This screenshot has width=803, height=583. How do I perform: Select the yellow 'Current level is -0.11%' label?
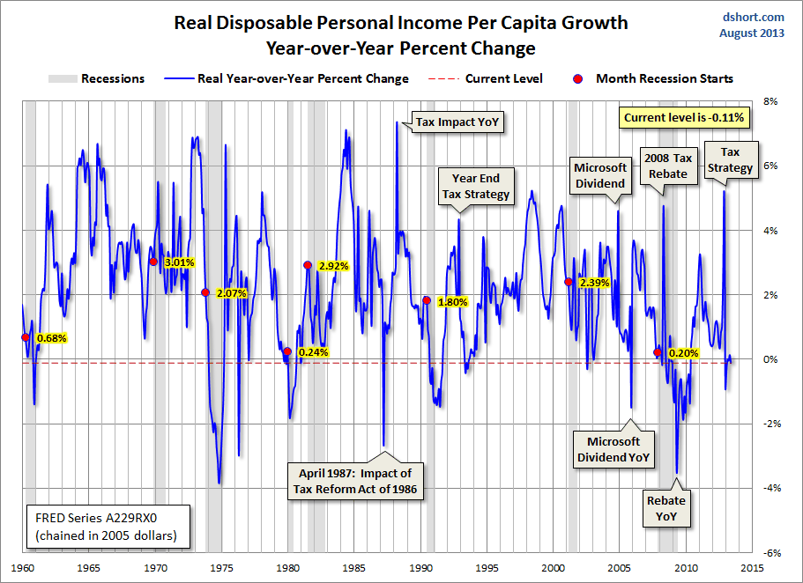(x=684, y=117)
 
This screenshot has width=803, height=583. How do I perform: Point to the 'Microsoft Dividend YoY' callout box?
(x=613, y=449)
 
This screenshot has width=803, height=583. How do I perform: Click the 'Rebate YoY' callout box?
(x=665, y=508)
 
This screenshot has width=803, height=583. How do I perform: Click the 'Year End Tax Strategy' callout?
(x=477, y=187)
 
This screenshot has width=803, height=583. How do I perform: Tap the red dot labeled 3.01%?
(x=153, y=262)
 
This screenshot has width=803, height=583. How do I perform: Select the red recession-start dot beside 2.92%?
(x=308, y=265)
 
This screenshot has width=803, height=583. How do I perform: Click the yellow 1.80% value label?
(x=452, y=302)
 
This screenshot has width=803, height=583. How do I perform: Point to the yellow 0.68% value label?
(x=51, y=337)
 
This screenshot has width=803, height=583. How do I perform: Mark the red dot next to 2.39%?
(x=569, y=282)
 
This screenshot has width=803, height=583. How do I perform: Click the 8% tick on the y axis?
(x=770, y=102)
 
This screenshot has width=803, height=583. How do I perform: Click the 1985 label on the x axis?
(x=355, y=567)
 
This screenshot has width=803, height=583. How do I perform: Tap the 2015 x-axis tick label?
(x=752, y=567)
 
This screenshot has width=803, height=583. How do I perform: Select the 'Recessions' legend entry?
(x=97, y=78)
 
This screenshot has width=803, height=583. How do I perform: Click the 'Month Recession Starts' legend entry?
(x=655, y=78)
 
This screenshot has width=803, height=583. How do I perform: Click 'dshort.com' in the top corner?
(x=753, y=17)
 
